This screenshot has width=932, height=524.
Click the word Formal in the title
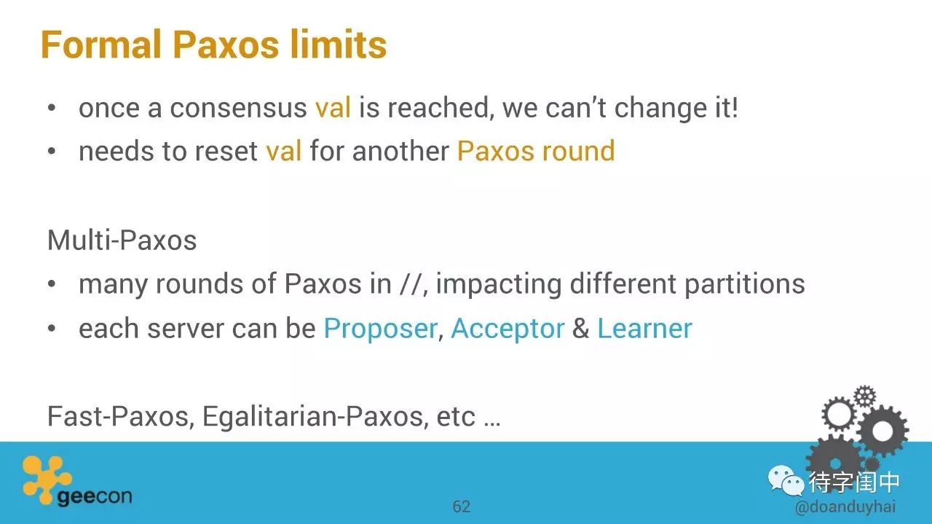pyautogui.click(x=101, y=44)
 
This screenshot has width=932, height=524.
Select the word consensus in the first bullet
pyautogui.click(x=238, y=108)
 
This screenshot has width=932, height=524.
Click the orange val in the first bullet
pyautogui.click(x=333, y=106)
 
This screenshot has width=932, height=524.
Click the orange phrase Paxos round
pyautogui.click(x=536, y=150)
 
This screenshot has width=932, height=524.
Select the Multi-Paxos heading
pyautogui.click(x=122, y=241)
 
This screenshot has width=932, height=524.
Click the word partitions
pyautogui.click(x=744, y=285)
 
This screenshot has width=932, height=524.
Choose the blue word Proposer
pyautogui.click(x=380, y=329)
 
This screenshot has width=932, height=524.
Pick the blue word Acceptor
pyautogui.click(x=508, y=329)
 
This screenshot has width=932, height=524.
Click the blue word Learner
pyautogui.click(x=644, y=329)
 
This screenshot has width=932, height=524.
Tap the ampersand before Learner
pyautogui.click(x=581, y=329)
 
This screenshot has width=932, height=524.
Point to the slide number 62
pyautogui.click(x=462, y=507)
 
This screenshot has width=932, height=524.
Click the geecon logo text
pyautogui.click(x=95, y=496)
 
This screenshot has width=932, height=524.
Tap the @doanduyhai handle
pyautogui.click(x=845, y=507)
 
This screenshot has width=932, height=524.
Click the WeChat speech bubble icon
pyautogui.click(x=786, y=481)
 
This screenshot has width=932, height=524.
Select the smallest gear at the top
pyautogui.click(x=865, y=396)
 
